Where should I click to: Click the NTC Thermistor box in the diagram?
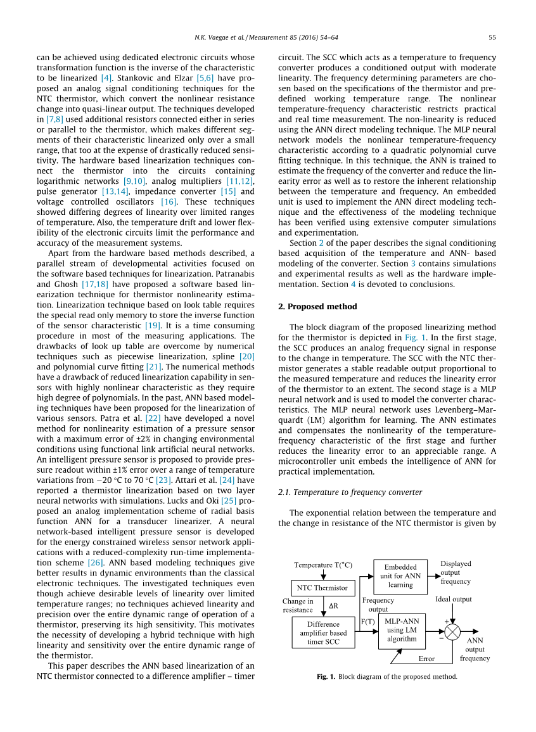point(322,588)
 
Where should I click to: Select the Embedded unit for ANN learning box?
point(400,576)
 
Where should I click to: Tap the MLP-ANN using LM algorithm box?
point(402,630)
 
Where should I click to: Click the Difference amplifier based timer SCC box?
point(323,632)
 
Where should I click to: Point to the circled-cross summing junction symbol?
point(452,632)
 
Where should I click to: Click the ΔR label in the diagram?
point(334,606)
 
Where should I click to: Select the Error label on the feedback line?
point(426,658)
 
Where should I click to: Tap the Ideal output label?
point(454,599)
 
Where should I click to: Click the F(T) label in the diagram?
point(367,622)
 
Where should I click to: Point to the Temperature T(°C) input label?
point(323,565)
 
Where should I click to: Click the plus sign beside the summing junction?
point(446,621)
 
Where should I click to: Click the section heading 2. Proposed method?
point(317,307)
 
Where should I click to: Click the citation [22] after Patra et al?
point(153,418)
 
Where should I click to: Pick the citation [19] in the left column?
point(153,326)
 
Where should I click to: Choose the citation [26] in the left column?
point(96,562)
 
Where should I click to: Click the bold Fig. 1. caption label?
point(326,677)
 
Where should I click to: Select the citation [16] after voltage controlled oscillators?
point(169,202)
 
